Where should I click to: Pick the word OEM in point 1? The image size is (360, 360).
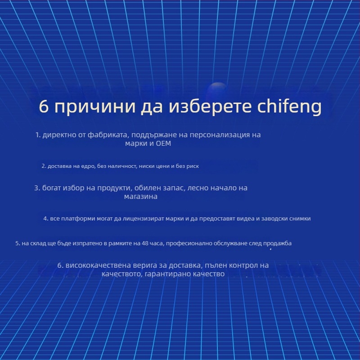pos(163,144)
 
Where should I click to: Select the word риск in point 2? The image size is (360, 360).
pos(193,166)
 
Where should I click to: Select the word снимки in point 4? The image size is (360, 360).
pos(299,219)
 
